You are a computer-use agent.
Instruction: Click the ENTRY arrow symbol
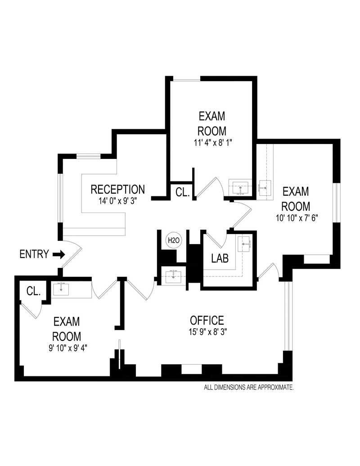[x=58, y=254]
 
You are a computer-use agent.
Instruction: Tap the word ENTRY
[x=34, y=254]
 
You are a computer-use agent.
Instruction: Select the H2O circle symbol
[x=173, y=240]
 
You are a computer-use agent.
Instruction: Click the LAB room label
[x=220, y=259]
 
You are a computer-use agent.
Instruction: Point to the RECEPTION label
[x=117, y=189]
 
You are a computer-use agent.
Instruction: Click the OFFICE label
[x=207, y=321]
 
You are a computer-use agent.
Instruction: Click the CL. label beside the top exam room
[x=182, y=192]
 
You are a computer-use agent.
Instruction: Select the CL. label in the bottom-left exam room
[x=33, y=291]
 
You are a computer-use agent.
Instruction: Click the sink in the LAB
[x=245, y=244]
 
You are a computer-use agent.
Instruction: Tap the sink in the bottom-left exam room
[x=61, y=289]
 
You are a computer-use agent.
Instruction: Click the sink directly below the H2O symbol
[x=173, y=276]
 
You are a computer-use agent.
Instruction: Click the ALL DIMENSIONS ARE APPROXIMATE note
[x=249, y=387]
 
